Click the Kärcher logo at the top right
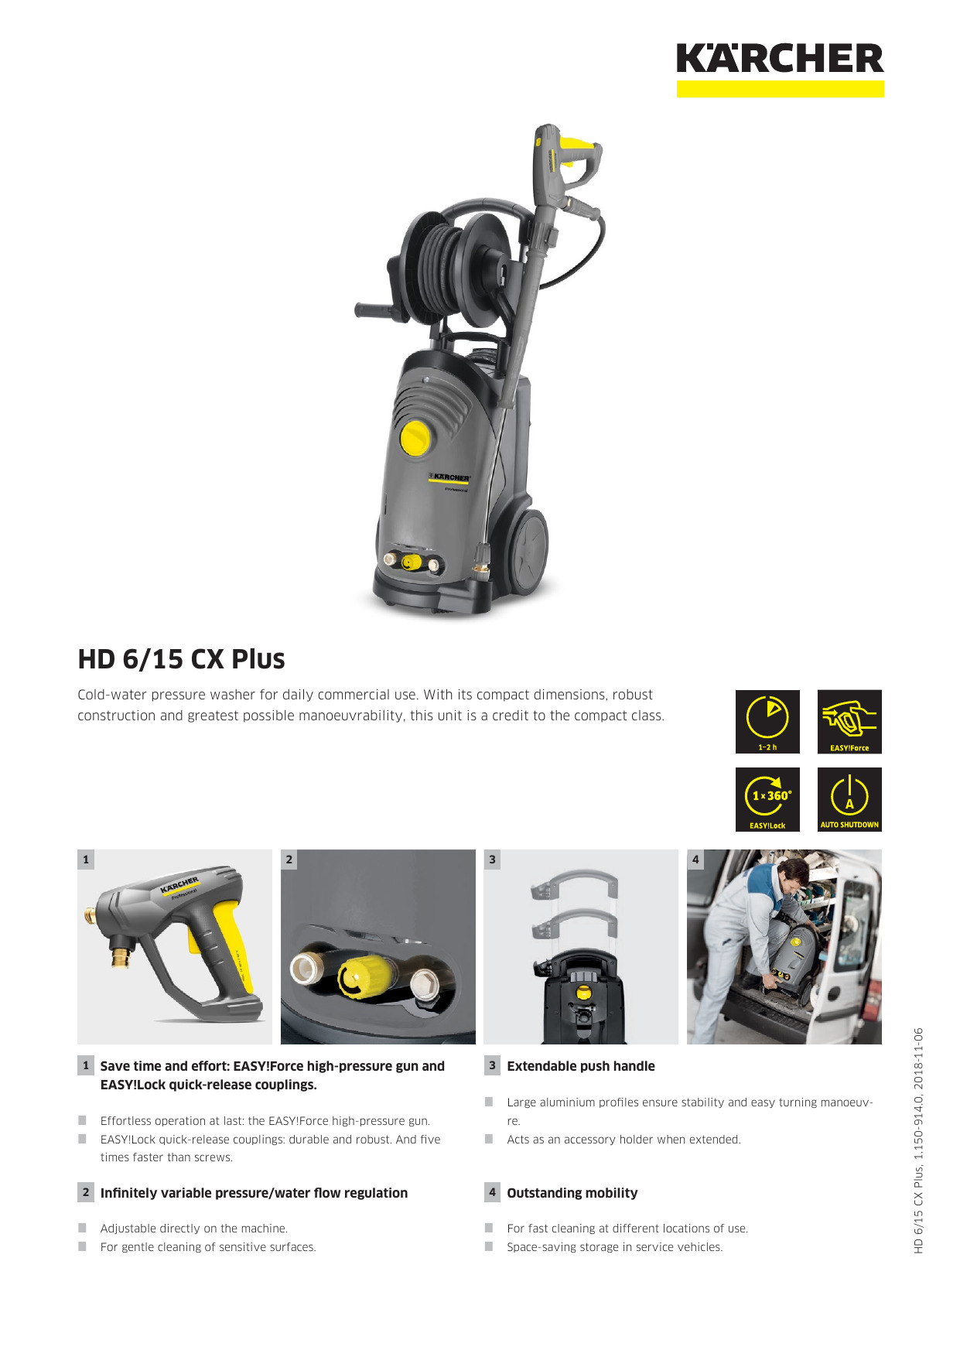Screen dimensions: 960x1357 pyautogui.click(x=780, y=70)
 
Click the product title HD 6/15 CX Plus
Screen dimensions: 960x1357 pyautogui.click(x=181, y=659)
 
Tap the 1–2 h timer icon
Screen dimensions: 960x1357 pyautogui.click(x=767, y=722)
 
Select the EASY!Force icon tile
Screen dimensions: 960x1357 pyautogui.click(x=849, y=722)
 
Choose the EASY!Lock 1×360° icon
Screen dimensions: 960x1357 pyautogui.click(x=767, y=800)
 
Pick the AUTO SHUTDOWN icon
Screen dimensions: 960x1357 pyautogui.click(x=849, y=800)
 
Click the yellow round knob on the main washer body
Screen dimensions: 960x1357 pyautogui.click(x=415, y=437)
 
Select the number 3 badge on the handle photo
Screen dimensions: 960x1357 pyautogui.click(x=493, y=860)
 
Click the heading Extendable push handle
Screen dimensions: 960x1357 pyautogui.click(x=581, y=1066)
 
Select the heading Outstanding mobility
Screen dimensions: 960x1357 pyautogui.click(x=572, y=1193)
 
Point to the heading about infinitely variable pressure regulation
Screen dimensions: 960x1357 pyautogui.click(x=254, y=1193)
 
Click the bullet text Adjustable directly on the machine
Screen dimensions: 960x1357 pyautogui.click(x=194, y=1229)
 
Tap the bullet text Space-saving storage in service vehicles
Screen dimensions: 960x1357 pyautogui.click(x=615, y=1247)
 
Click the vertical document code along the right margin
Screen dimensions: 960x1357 pyautogui.click(x=919, y=1140)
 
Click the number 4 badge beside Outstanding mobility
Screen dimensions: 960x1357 pyautogui.click(x=493, y=1192)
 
